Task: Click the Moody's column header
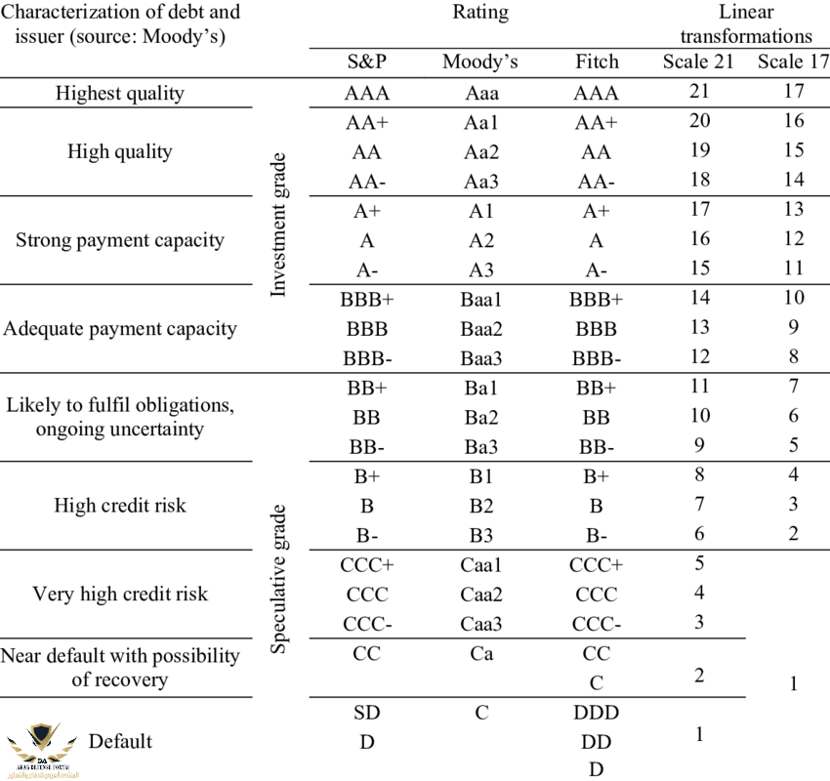point(479,62)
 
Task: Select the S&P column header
point(366,62)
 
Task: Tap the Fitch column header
point(597,62)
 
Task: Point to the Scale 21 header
point(698,62)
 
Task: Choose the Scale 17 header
point(793,62)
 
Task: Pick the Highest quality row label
point(120,94)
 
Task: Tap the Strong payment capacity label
point(120,239)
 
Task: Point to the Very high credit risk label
point(120,594)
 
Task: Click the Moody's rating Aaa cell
point(480,94)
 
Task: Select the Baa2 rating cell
point(480,328)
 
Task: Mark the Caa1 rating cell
point(480,565)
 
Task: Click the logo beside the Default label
point(41,746)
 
